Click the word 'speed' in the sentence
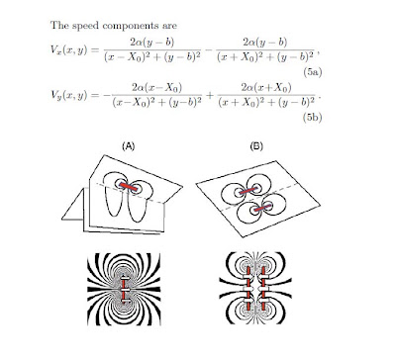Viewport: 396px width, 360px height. pos(84,26)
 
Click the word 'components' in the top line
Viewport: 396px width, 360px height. pos(140,27)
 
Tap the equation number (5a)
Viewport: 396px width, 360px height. pos(312,72)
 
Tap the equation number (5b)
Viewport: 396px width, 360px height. pos(312,118)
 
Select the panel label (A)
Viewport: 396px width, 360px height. pos(129,146)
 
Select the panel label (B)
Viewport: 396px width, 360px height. pos(256,146)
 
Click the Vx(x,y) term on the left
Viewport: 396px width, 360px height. pos(68,50)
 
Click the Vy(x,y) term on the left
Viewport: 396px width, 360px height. pos(68,95)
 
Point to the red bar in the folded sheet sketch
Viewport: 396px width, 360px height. pos(128,187)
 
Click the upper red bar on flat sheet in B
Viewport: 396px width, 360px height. pos(248,191)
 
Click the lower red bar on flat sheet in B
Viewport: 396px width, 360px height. pos(262,208)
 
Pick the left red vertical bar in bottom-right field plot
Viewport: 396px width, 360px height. pos(248,289)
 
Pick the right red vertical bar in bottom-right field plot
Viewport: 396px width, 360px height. pos(263,289)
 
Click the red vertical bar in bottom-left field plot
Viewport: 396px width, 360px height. pos(123,289)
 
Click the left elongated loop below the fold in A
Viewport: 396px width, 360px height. pos(112,202)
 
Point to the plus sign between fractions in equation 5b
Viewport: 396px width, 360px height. pos(209,95)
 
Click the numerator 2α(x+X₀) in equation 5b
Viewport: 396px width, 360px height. pos(266,88)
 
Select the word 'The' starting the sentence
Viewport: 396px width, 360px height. pos(58,26)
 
